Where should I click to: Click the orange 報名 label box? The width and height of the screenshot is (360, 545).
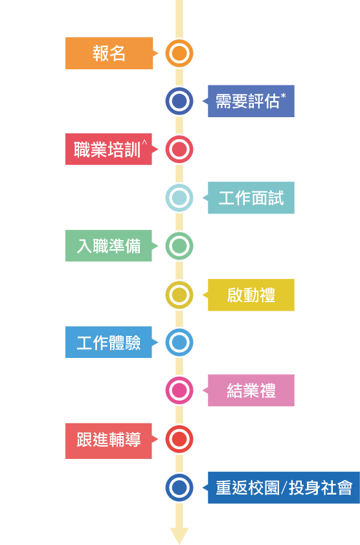pos(109,53)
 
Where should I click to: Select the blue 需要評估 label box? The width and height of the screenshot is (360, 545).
pos(251,101)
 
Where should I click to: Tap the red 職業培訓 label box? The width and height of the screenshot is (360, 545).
pos(109,149)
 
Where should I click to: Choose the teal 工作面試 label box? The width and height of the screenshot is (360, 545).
pos(251,198)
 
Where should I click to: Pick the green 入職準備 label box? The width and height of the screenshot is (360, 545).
pos(109,246)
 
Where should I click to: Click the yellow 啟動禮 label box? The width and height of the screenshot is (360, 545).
pos(251,295)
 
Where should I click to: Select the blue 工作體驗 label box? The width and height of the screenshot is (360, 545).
pos(109,342)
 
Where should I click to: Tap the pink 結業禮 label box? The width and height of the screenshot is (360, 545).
pos(251,390)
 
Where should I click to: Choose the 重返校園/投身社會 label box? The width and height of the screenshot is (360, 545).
pos(284,487)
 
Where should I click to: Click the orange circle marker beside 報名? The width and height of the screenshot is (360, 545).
pos(179,53)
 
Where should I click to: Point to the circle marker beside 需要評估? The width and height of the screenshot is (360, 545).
pos(179,101)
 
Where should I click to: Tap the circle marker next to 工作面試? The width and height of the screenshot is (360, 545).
pos(179,198)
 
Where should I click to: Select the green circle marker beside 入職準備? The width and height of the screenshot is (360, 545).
pos(179,246)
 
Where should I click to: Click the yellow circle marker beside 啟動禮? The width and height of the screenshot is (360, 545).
pos(179,295)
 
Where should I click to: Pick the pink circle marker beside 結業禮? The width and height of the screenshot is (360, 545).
pos(179,390)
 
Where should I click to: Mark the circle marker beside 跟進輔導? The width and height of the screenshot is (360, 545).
pos(179,439)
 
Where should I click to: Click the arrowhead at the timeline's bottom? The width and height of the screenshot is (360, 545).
pos(179,535)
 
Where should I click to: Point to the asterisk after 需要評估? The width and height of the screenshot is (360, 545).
pos(283,95)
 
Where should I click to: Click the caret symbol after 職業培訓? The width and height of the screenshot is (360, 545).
pos(144,142)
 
